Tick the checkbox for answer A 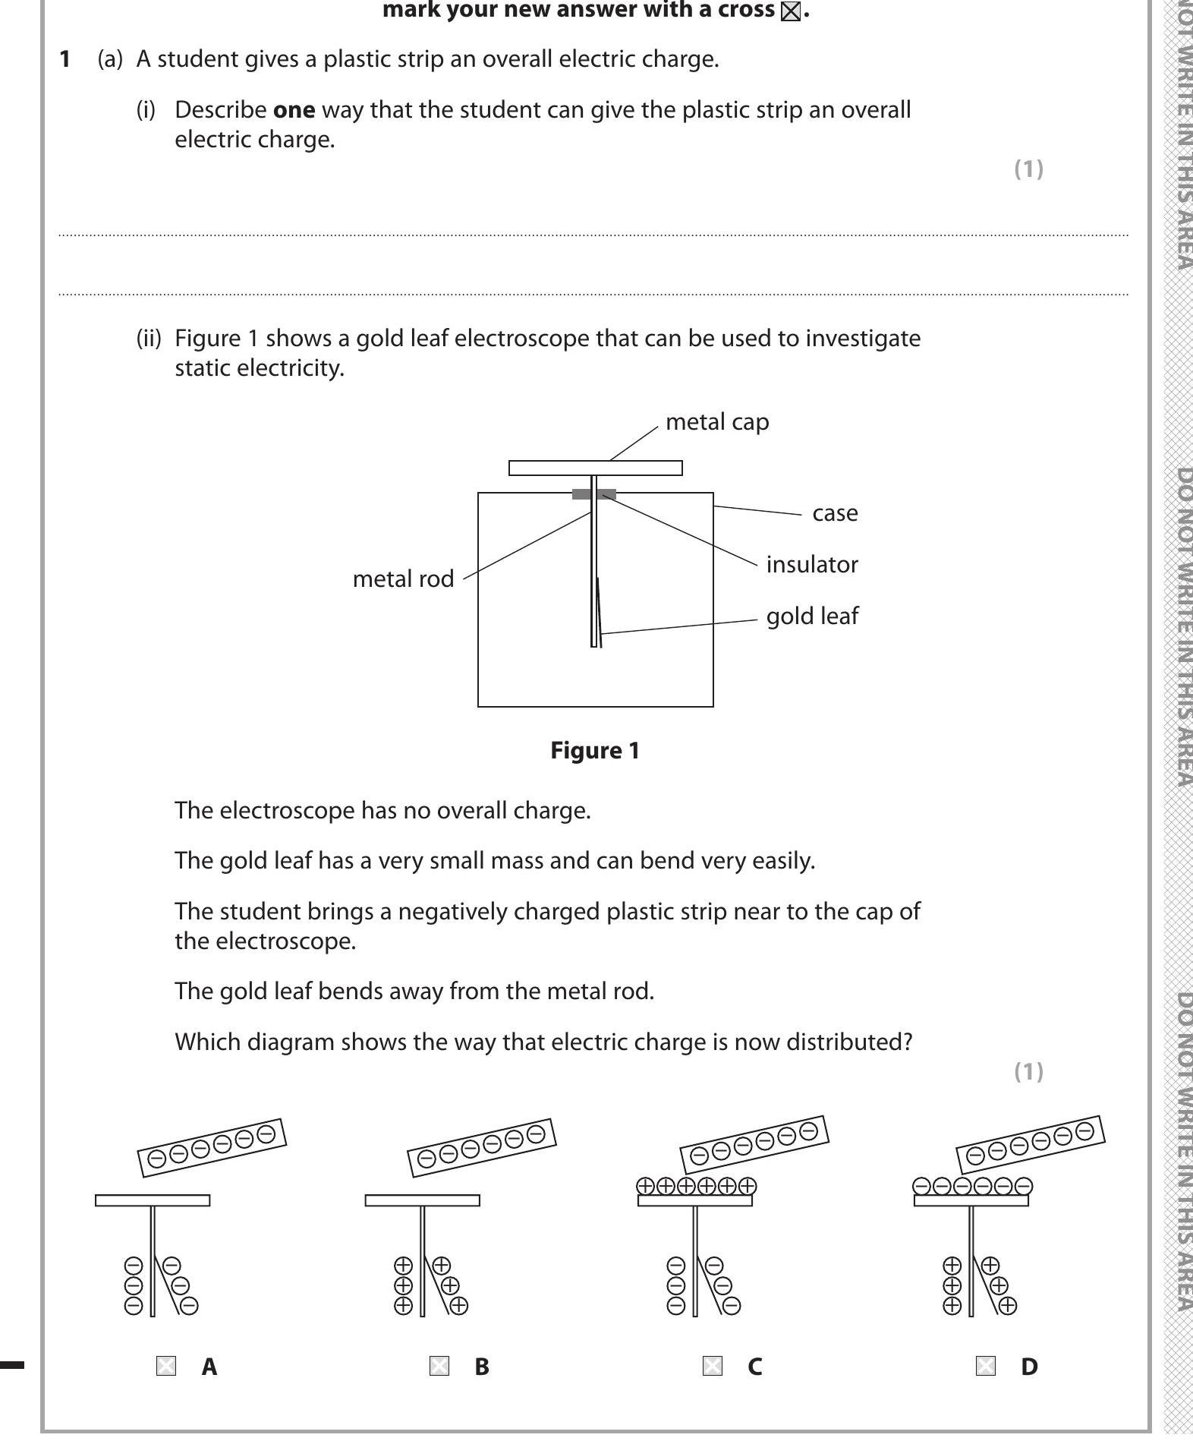(x=166, y=1367)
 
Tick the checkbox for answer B (x=439, y=1367)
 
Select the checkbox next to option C (x=713, y=1367)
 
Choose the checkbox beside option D (x=985, y=1367)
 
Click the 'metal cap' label (x=717, y=422)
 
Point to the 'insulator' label (x=812, y=565)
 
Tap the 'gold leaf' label (x=812, y=616)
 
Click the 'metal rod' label (x=403, y=579)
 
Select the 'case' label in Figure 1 (x=835, y=513)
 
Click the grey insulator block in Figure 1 (x=581, y=494)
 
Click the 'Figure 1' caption (x=595, y=751)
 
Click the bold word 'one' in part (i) (x=294, y=110)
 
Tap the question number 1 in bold (x=65, y=59)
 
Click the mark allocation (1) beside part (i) (x=1028, y=169)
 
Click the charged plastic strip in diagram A (x=212, y=1147)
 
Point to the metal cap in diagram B (x=423, y=1200)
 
